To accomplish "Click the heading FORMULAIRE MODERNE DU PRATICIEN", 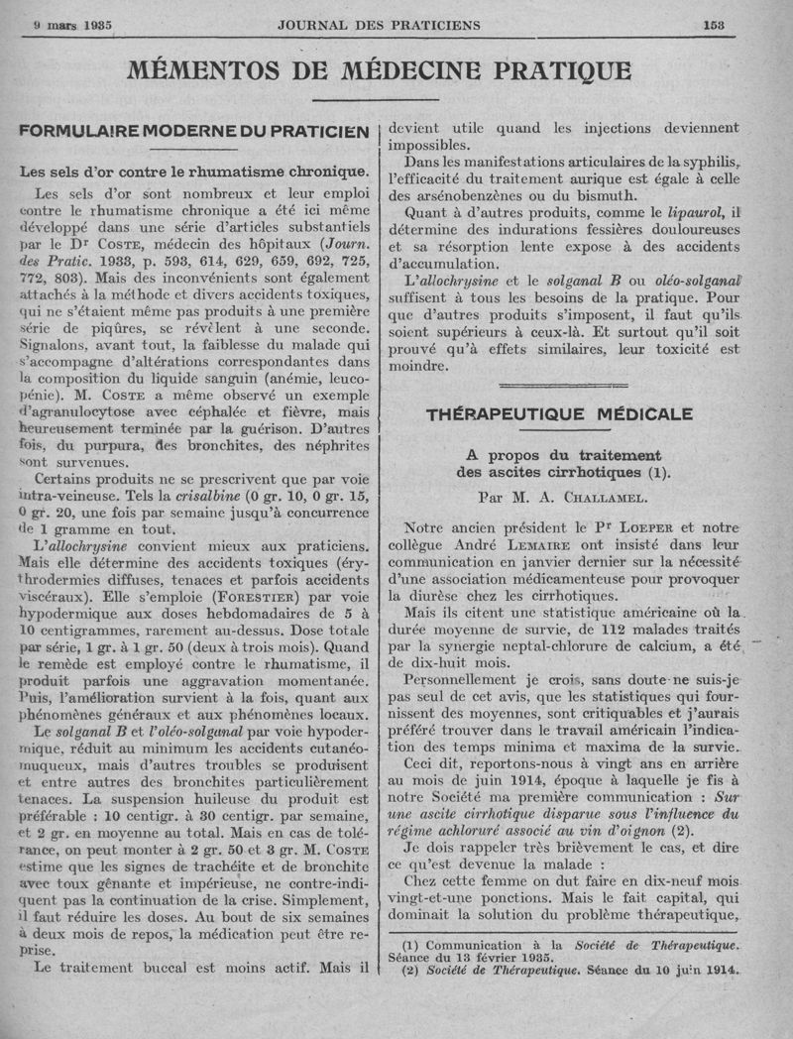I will (194, 132).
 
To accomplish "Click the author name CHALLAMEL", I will (590, 498).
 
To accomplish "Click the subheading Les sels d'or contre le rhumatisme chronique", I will (194, 171).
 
